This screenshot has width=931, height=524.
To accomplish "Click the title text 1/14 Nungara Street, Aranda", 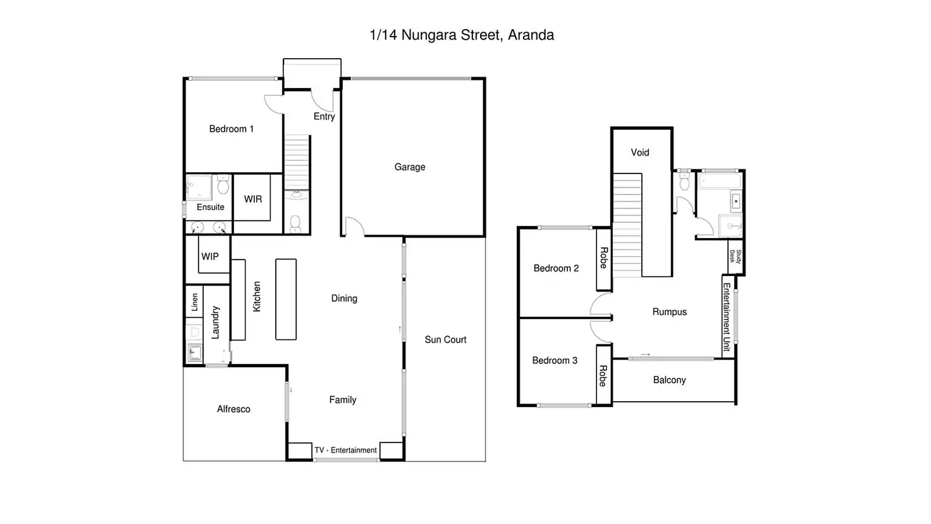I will pyautogui.click(x=462, y=35).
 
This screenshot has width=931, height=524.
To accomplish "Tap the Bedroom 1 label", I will pyautogui.click(x=231, y=129).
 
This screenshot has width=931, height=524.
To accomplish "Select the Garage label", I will pyautogui.click(x=410, y=167).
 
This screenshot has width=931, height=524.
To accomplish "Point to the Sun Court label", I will pyautogui.click(x=445, y=340).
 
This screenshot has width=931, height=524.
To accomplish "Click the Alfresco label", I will pyautogui.click(x=233, y=409).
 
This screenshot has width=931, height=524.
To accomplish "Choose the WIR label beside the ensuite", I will pyautogui.click(x=253, y=199).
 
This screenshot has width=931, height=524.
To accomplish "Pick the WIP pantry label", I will pyautogui.click(x=210, y=257).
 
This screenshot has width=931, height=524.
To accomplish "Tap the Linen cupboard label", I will pyautogui.click(x=195, y=302).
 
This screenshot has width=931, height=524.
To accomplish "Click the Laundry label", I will pyautogui.click(x=215, y=322).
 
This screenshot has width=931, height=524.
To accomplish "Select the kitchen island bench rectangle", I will pyautogui.click(x=286, y=299).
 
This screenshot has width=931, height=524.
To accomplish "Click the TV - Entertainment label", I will pyautogui.click(x=345, y=451).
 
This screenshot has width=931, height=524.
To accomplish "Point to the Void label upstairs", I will pyautogui.click(x=640, y=153).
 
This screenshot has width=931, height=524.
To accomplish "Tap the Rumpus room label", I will pyautogui.click(x=669, y=312).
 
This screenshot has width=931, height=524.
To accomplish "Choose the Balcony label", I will pyautogui.click(x=669, y=380).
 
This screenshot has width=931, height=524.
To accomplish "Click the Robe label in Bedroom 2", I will pyautogui.click(x=604, y=258).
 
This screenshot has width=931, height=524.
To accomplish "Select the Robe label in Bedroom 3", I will pyautogui.click(x=603, y=376).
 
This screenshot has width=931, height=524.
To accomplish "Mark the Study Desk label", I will pyautogui.click(x=736, y=256).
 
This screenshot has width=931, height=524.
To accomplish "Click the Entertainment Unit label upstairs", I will pyautogui.click(x=727, y=317).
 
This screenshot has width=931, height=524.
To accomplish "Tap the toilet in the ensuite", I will pyautogui.click(x=223, y=187).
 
